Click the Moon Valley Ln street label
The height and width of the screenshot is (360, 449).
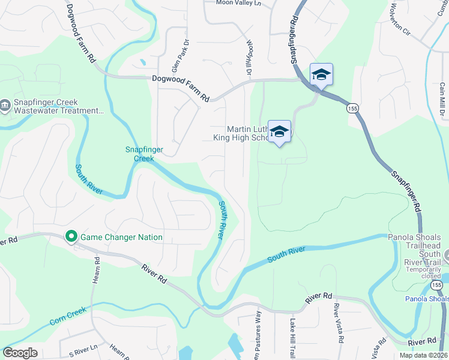[239, 3]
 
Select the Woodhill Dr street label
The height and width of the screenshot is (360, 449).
[249, 58]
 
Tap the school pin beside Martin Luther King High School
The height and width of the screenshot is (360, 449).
[279, 131]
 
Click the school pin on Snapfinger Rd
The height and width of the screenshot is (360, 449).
[321, 74]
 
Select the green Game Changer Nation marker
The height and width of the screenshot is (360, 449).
[71, 236]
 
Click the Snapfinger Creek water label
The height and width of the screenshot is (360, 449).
[140, 154]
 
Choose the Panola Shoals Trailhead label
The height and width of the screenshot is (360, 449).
[414, 241]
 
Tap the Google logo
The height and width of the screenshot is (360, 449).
[20, 353]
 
